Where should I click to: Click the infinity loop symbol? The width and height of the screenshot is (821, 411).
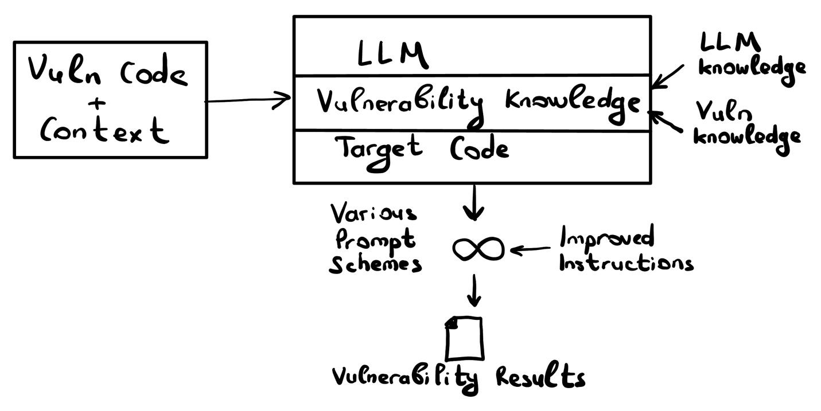478,249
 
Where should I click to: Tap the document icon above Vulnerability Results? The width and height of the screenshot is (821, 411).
464,338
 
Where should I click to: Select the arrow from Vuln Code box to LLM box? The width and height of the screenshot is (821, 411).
248,100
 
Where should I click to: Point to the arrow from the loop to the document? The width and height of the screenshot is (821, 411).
473,291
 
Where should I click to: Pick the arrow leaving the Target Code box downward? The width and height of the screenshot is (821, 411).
473,203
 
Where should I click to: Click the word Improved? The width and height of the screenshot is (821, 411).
607,237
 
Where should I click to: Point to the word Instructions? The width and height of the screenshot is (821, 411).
626,263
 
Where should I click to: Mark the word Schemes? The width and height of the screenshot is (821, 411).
375,264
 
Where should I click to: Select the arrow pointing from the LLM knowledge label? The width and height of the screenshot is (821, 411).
668,76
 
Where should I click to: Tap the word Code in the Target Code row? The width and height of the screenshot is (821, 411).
478,150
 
